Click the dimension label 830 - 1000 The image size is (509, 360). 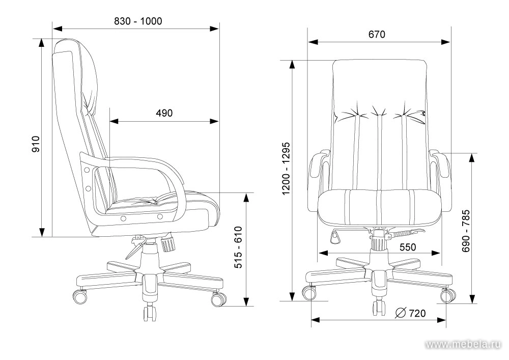pos(138,21)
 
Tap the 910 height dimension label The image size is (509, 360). pos(36,144)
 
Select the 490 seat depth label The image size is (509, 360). pos(164,113)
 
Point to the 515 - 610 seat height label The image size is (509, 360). pos(238,247)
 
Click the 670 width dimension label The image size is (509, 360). pos(377,34)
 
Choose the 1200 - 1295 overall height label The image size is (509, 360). pos(286,169)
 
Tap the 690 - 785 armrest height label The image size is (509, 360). pos(466,231)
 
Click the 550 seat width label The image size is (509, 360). pos(407,247)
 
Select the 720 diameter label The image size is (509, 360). pos(417,313)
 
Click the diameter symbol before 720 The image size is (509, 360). pos(401,313)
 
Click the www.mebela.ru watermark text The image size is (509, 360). pos(463,344)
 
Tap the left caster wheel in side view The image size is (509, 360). pos(79,296)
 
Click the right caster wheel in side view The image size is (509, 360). pos(219,299)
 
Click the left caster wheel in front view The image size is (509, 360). pos(309,292)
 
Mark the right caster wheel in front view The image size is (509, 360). pos(448,295)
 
